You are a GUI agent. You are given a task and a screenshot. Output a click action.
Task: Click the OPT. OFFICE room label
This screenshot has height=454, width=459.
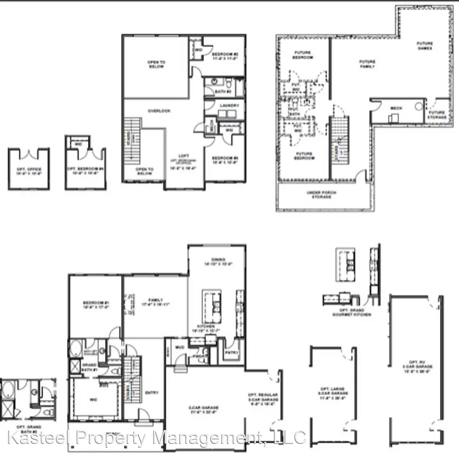[x=29, y=170]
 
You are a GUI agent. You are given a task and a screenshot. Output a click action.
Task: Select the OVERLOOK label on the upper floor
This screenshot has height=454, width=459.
[x=159, y=111]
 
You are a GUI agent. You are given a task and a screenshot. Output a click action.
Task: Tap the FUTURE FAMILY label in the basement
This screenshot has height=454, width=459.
[x=367, y=64]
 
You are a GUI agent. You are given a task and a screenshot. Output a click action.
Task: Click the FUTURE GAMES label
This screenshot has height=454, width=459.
[x=425, y=46]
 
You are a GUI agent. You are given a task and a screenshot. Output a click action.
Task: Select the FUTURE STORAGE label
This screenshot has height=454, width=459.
[x=436, y=114]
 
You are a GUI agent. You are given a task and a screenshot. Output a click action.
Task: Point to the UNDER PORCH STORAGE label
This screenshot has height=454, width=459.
[x=324, y=194]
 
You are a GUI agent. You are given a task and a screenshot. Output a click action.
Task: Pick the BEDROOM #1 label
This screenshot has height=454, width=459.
[x=96, y=305]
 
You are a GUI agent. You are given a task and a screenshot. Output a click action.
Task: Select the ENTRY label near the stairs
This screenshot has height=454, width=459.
[x=151, y=393]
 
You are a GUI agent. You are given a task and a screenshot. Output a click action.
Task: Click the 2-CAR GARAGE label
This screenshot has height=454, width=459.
[x=203, y=409]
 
